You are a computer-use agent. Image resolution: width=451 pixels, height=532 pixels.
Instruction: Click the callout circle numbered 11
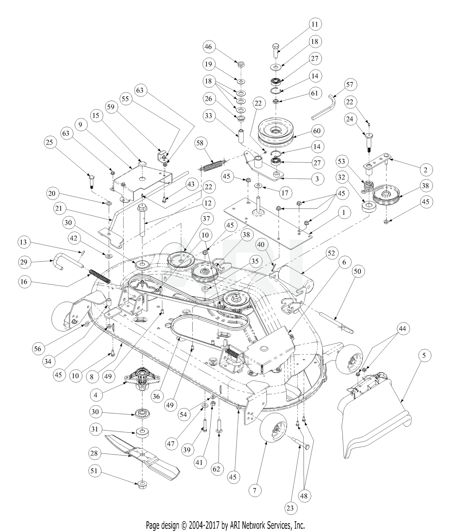(314, 24)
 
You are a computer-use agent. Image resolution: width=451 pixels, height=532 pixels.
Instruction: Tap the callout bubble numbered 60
(317, 131)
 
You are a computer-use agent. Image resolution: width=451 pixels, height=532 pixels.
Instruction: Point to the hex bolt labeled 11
(276, 51)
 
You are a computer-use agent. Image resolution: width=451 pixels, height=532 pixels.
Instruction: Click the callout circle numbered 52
(331, 253)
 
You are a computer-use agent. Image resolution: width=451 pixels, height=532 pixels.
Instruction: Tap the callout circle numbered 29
(24, 262)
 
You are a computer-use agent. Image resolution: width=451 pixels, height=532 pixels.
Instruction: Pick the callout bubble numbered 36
(156, 397)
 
